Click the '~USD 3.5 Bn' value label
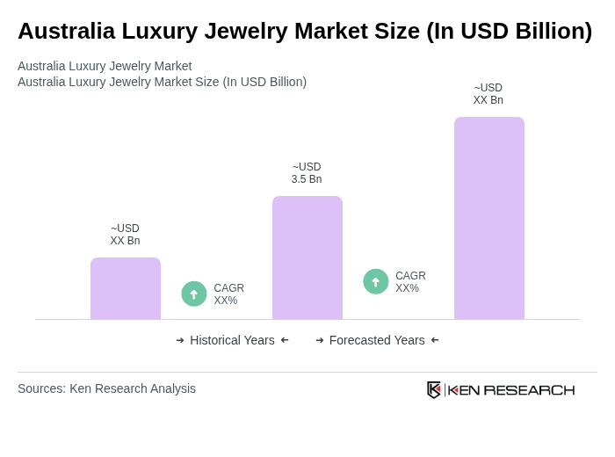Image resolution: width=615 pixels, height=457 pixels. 307,173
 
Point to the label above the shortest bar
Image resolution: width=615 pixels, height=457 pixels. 125,235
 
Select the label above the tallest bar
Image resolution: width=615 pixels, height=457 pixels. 488,94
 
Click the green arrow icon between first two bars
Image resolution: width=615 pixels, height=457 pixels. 194,294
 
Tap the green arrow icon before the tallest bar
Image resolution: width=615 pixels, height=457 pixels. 376,281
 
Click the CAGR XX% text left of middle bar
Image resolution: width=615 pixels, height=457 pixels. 228,294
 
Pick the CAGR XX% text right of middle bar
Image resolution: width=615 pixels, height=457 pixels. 410,282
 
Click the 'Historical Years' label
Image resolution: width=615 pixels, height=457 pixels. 232,340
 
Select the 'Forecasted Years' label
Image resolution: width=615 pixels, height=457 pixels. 377,340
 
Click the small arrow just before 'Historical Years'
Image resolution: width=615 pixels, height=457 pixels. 180,340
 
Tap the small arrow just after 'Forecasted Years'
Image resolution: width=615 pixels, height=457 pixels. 435,340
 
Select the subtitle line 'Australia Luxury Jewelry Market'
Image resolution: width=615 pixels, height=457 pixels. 105,66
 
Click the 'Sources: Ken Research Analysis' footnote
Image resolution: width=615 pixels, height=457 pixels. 106,388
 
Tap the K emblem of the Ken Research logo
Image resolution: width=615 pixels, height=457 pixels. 434,389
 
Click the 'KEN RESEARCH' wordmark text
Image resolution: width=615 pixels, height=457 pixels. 511,390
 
